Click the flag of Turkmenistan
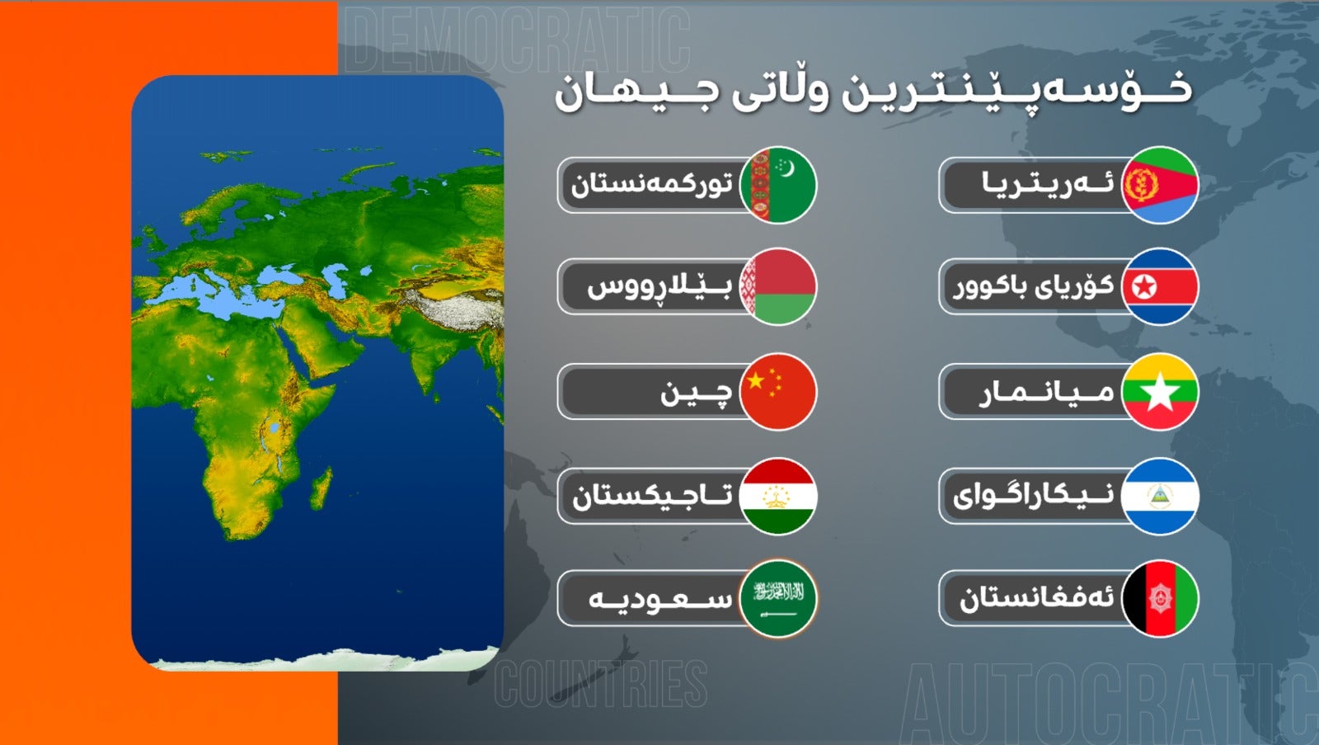click(778, 185)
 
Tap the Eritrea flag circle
click(1160, 185)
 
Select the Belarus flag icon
click(778, 286)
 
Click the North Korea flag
click(1160, 286)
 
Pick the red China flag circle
click(778, 391)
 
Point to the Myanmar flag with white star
click(1160, 391)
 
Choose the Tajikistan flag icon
click(778, 497)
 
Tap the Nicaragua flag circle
click(1160, 497)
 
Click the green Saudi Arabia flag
click(778, 598)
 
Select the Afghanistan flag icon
click(1160, 598)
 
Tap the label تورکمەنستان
click(652, 185)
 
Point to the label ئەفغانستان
click(1037, 599)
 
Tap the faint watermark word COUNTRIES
click(601, 684)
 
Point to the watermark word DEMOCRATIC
click(517, 40)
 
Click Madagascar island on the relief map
click(321, 488)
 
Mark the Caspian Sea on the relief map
click(337, 280)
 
